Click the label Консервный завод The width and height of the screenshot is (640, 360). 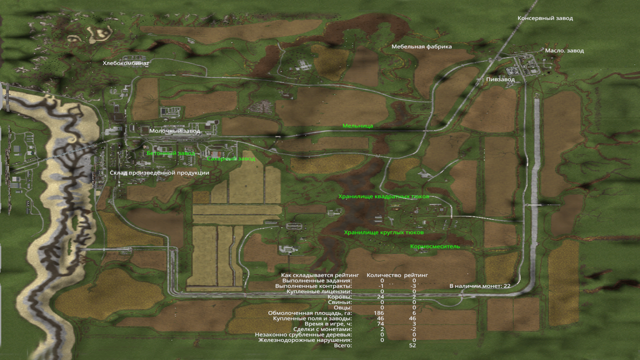pyautogui.click(x=545, y=18)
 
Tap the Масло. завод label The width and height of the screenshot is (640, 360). pyautogui.click(x=564, y=51)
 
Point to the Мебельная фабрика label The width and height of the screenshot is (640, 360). pyautogui.click(x=421, y=47)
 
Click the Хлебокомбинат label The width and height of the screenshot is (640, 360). pyautogui.click(x=126, y=63)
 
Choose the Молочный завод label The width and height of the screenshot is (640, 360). pyautogui.click(x=174, y=131)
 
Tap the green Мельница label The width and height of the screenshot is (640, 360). pyautogui.click(x=357, y=126)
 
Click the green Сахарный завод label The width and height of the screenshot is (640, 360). pyautogui.click(x=231, y=159)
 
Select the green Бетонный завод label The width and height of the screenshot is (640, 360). pyautogui.click(x=170, y=153)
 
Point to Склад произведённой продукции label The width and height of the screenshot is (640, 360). pyautogui.click(x=159, y=173)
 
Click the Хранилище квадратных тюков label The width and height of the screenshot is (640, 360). pyautogui.click(x=383, y=197)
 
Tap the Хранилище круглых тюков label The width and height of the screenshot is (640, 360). pyautogui.click(x=383, y=233)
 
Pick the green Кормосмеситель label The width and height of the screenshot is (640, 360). pyautogui.click(x=435, y=246)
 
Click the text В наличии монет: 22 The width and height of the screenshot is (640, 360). pyautogui.click(x=479, y=286)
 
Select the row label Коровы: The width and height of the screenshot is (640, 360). pyautogui.click(x=339, y=297)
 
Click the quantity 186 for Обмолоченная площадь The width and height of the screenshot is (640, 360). pyautogui.click(x=382, y=313)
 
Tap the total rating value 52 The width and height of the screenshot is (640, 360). pyautogui.click(x=412, y=345)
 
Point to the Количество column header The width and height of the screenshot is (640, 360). pyautogui.click(x=384, y=275)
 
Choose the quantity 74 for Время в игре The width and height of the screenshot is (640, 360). pyautogui.click(x=382, y=324)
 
